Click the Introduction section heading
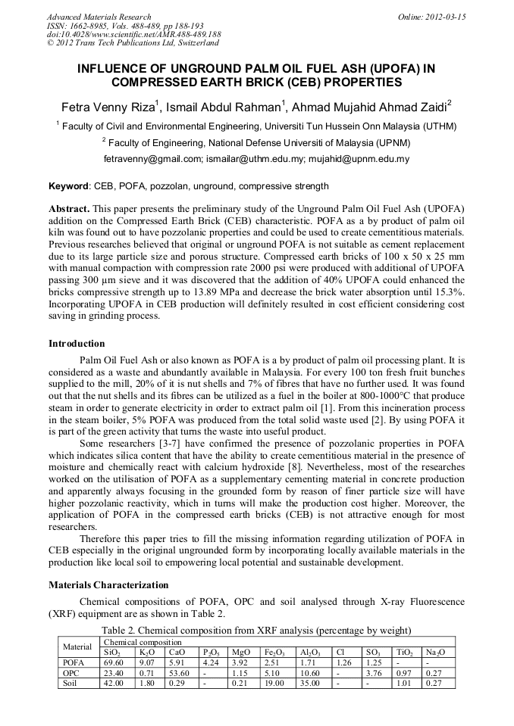coord(77,344)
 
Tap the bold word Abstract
coord(70,208)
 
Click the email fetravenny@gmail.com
coord(152,159)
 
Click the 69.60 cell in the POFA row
coord(113,662)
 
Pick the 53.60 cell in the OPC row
coord(180,673)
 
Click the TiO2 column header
coord(406,652)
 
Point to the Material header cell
coord(77,647)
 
